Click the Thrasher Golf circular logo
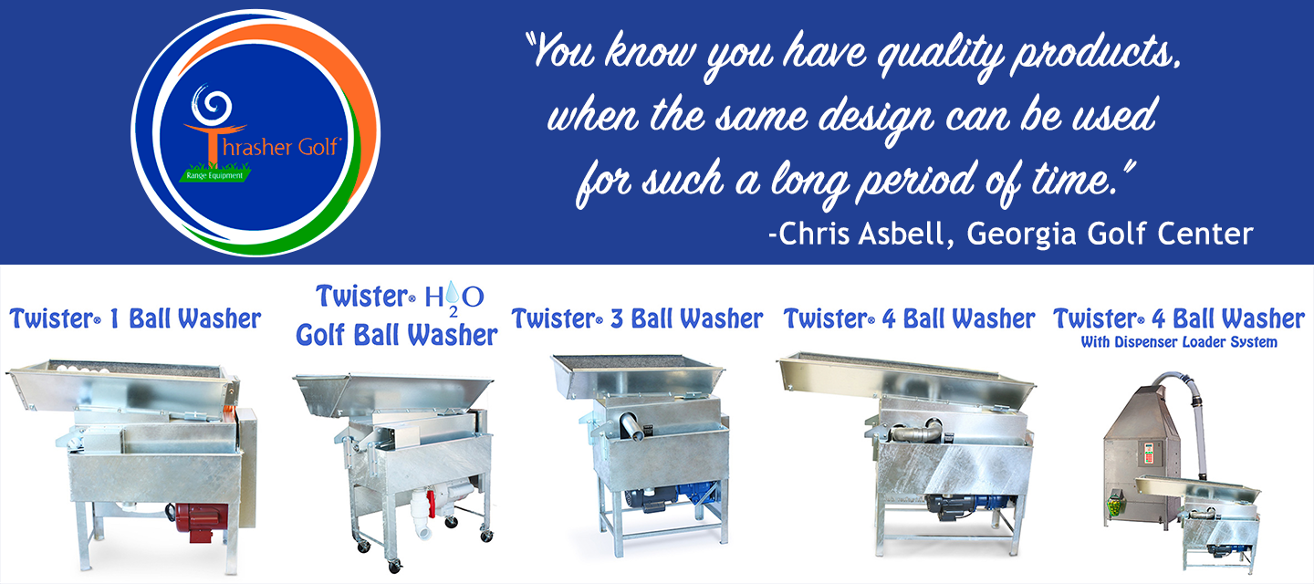click(x=255, y=132)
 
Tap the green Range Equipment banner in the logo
click(x=214, y=174)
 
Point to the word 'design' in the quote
click(x=877, y=118)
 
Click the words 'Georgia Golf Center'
click(x=1110, y=234)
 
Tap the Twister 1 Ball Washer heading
click(x=135, y=319)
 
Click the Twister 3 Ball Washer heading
click(x=637, y=319)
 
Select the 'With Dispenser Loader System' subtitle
click(x=1179, y=342)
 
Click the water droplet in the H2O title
click(x=453, y=292)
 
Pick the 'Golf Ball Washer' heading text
click(x=397, y=336)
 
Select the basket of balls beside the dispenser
click(x=1114, y=506)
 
